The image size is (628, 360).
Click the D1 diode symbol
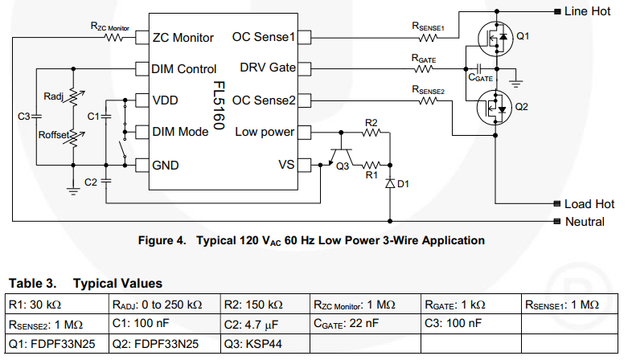(390, 183)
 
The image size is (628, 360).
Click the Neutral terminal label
(586, 222)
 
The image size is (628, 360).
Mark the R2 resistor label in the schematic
(371, 122)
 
